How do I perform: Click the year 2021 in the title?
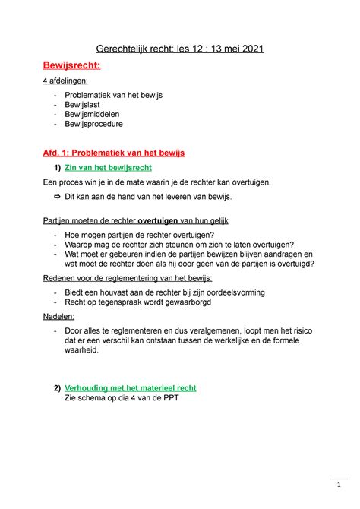click(x=250, y=49)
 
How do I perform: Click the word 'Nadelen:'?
click(x=59, y=317)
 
